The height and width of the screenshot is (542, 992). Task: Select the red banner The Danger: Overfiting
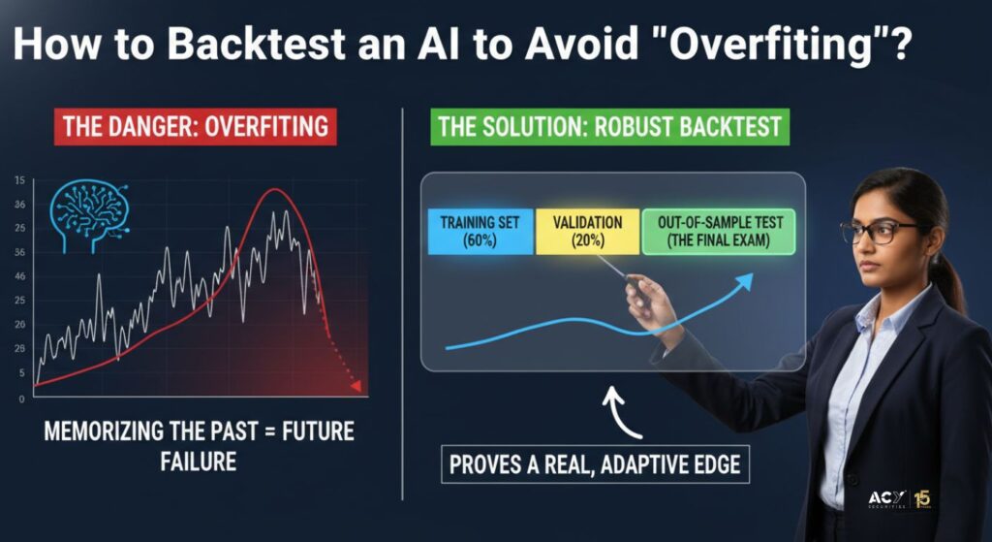196,127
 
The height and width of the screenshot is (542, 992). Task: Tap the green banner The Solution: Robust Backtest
610,127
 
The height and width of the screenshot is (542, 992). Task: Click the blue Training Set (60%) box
480,232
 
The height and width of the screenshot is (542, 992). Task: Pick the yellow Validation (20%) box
587,232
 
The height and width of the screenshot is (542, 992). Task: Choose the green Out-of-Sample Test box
719,232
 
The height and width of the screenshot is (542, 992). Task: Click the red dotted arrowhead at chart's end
356,386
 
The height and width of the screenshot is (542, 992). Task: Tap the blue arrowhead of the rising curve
745,281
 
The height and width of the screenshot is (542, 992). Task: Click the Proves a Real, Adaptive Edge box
595,465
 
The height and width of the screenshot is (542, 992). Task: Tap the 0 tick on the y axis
21,399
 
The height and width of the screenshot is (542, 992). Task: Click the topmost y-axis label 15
19,181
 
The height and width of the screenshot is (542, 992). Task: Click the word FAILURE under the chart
198,461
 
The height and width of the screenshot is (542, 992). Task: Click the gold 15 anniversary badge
922,499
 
